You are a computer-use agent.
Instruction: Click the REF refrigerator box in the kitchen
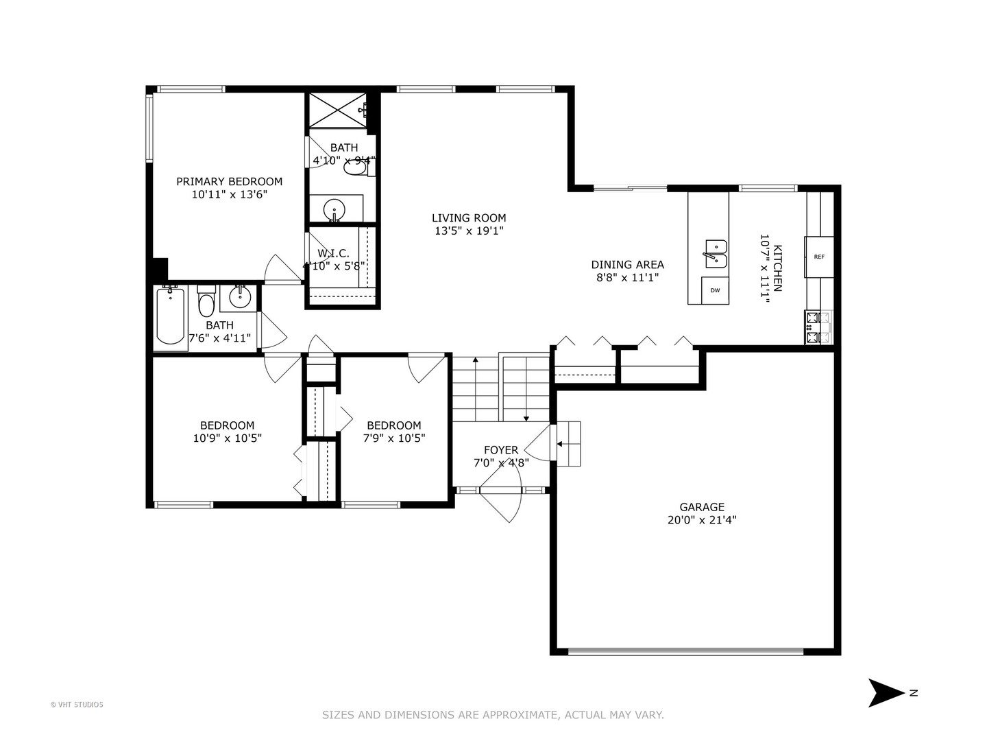click(x=819, y=257)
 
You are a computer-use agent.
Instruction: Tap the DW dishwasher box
click(x=715, y=290)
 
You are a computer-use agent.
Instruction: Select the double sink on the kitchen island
click(x=715, y=253)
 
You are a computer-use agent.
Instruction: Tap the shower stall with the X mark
click(x=339, y=110)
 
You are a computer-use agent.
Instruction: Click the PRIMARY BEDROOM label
click(x=229, y=182)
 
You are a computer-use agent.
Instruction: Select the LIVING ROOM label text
click(x=469, y=218)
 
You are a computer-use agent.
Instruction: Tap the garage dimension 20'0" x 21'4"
click(x=702, y=520)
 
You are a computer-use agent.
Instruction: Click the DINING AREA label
click(x=627, y=265)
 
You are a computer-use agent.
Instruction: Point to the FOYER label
click(x=501, y=450)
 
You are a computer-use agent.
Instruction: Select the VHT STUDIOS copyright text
click(x=77, y=705)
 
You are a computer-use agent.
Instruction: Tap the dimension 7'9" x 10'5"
click(x=394, y=438)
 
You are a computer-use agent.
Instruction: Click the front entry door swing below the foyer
click(x=504, y=504)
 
